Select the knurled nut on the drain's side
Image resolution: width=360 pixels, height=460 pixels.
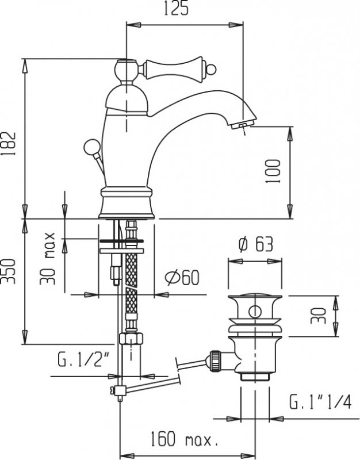tap(216, 361)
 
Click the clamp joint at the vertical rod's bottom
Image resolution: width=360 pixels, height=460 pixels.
tap(119, 392)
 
